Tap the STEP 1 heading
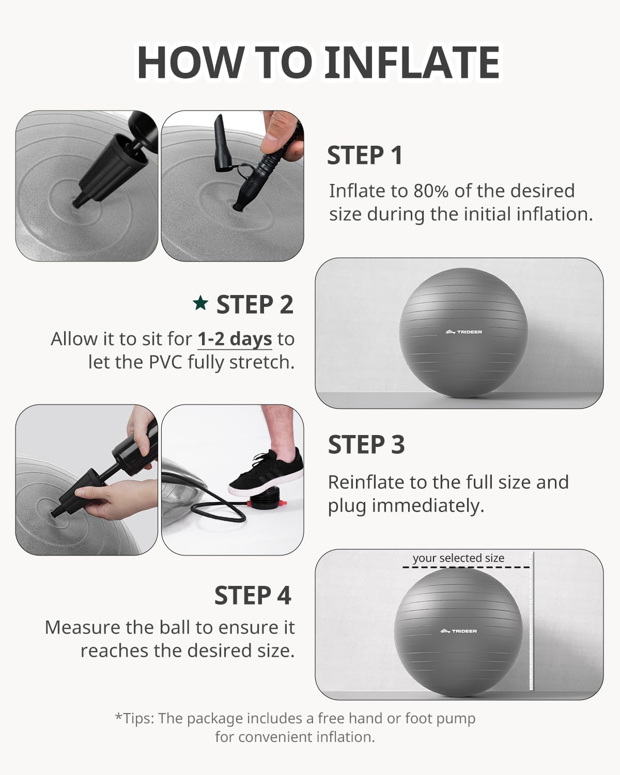(x=365, y=156)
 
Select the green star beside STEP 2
(x=200, y=303)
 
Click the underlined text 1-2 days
(x=235, y=339)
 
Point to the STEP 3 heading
(x=366, y=444)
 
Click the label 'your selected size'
(x=458, y=558)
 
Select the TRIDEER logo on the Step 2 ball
(x=463, y=332)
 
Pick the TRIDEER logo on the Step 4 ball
(x=459, y=630)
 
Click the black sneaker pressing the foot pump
(x=266, y=472)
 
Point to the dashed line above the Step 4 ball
(x=466, y=568)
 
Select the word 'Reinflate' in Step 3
(x=361, y=482)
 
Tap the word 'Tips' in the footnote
(x=138, y=719)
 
